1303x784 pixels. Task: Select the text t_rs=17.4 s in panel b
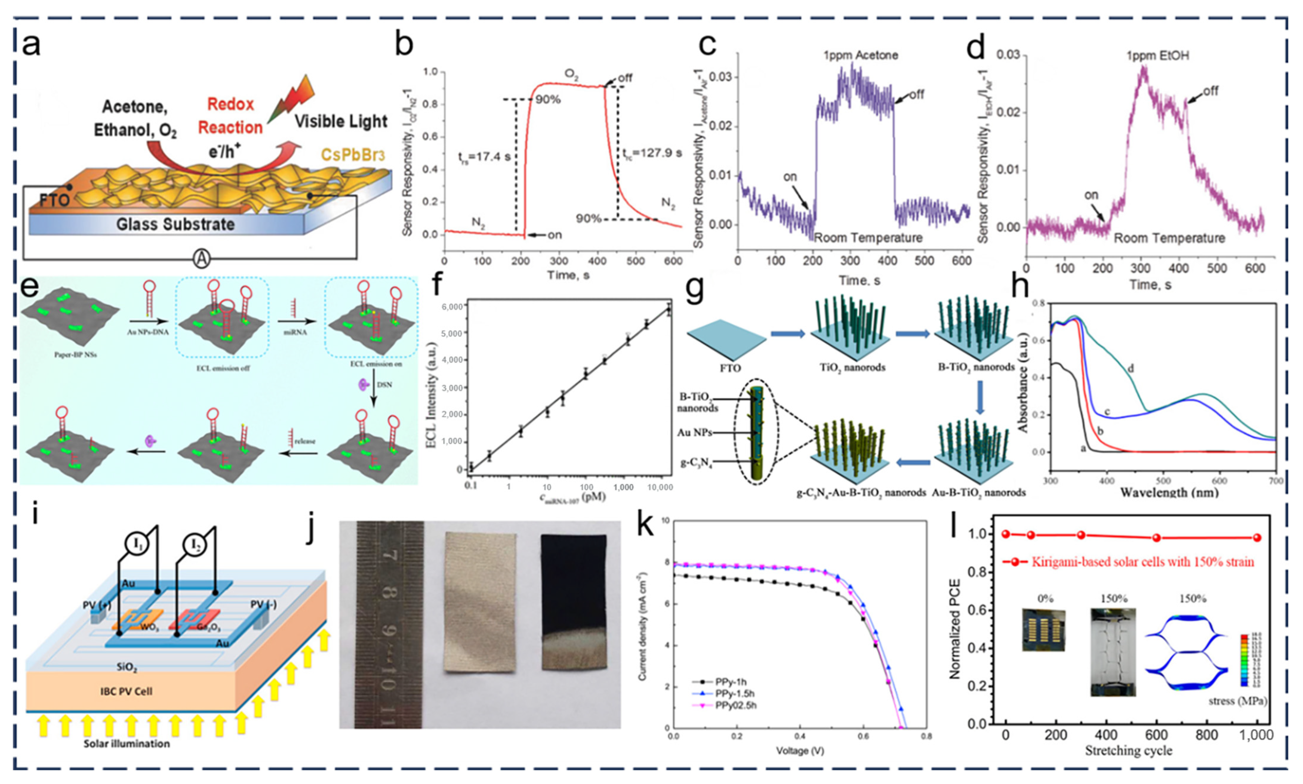(484, 157)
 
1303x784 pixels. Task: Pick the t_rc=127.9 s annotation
(650, 153)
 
